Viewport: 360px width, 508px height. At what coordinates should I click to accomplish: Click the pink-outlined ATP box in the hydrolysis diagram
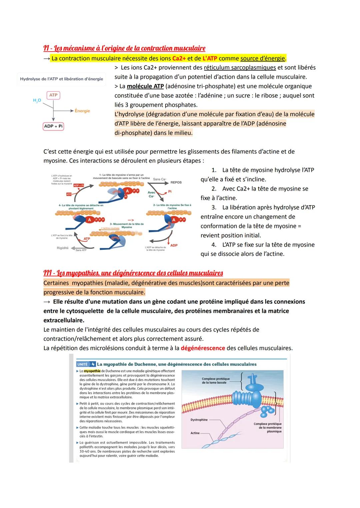tap(53, 95)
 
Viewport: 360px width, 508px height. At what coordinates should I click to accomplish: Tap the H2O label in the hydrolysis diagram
tap(37, 100)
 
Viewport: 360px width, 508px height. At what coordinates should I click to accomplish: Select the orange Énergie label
tap(82, 111)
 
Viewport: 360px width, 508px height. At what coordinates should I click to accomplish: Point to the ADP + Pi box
tap(53, 126)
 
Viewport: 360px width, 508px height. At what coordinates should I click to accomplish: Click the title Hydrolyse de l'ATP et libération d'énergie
tap(61, 79)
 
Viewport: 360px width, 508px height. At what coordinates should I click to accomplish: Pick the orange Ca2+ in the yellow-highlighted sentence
tap(179, 58)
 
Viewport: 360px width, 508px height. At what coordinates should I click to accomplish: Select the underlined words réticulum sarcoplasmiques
tap(240, 68)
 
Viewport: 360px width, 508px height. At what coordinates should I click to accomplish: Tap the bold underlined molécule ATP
tap(145, 86)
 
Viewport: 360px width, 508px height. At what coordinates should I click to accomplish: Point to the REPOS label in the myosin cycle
tap(176, 183)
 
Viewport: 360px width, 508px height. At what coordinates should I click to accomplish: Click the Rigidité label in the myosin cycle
tap(63, 248)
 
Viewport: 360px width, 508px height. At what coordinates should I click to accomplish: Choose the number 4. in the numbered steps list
tap(214, 245)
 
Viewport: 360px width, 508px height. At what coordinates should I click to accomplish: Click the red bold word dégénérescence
tap(203, 348)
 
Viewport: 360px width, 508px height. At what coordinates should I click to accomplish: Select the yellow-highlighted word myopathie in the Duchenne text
tap(92, 371)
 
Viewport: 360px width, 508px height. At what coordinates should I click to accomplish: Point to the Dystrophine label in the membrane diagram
tap(199, 420)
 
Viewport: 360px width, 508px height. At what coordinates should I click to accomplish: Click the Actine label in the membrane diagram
tap(195, 433)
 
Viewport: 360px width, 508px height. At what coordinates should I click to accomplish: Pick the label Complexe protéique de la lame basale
tap(216, 380)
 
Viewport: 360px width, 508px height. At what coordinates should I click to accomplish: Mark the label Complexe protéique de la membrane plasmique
tap(268, 427)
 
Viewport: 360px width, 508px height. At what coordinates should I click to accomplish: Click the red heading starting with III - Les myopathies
tap(133, 273)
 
